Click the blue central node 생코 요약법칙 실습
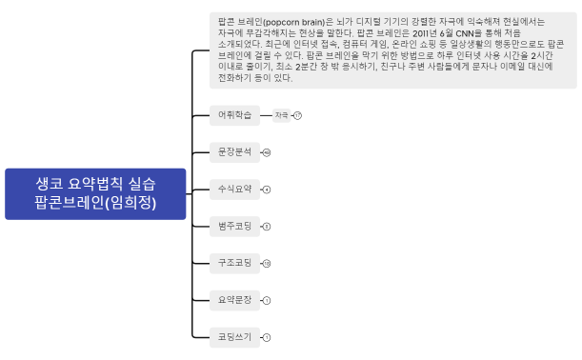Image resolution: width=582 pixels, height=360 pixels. [x=95, y=192]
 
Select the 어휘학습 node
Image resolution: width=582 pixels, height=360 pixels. [x=234, y=115]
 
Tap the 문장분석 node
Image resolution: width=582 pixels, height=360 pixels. [x=234, y=152]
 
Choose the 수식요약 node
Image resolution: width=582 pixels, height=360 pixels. [x=234, y=190]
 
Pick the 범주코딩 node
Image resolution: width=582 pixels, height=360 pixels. [x=234, y=227]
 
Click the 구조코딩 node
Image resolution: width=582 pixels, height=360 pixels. [x=234, y=263]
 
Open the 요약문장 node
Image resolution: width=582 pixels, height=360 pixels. [x=234, y=300]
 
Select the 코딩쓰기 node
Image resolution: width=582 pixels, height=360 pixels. [x=234, y=337]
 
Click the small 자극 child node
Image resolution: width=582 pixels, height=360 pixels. [x=281, y=115]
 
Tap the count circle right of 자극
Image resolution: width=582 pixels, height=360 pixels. [x=297, y=115]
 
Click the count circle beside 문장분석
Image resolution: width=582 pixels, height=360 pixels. [x=267, y=152]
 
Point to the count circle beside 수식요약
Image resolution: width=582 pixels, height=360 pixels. [x=267, y=190]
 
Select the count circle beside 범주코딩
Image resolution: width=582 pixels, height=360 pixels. [x=267, y=227]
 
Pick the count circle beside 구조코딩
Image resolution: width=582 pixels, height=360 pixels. [x=267, y=263]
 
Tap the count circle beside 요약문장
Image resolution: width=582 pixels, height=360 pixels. [x=267, y=300]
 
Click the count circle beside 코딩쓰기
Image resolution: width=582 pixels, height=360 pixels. [x=267, y=337]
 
